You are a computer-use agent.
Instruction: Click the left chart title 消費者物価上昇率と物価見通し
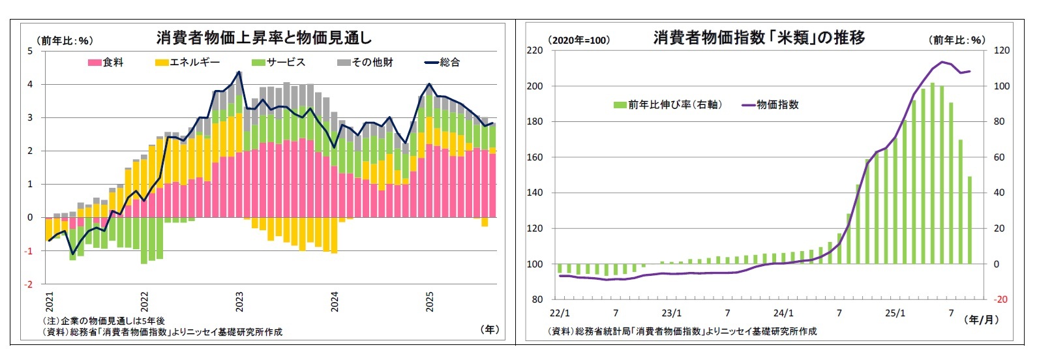[x=263, y=38]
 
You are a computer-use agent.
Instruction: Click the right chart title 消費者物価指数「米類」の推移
[x=759, y=38]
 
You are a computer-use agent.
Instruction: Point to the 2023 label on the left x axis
[x=239, y=302]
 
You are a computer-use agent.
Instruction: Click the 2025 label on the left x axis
[x=430, y=302]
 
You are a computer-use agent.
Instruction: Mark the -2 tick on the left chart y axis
[x=29, y=284]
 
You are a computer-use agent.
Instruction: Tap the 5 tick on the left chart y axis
[x=29, y=51]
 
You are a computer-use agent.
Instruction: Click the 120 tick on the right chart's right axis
[x=1001, y=50]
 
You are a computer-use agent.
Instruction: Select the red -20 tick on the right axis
[x=1000, y=299]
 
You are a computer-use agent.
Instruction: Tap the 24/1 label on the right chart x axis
[x=783, y=313]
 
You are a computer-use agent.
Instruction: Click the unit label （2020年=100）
[x=579, y=40]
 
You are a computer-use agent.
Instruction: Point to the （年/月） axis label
[x=982, y=320]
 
